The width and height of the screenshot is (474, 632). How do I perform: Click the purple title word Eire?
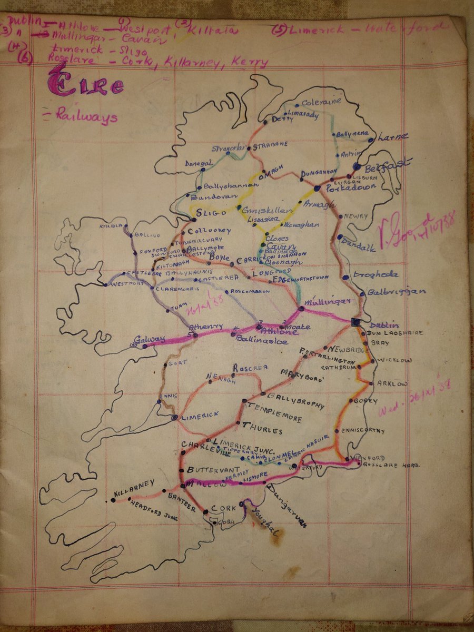86,86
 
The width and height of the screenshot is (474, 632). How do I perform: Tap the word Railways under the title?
86,116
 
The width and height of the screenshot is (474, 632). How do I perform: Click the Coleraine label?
322,101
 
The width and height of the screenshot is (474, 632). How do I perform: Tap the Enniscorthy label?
363,431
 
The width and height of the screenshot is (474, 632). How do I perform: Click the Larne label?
393,137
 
